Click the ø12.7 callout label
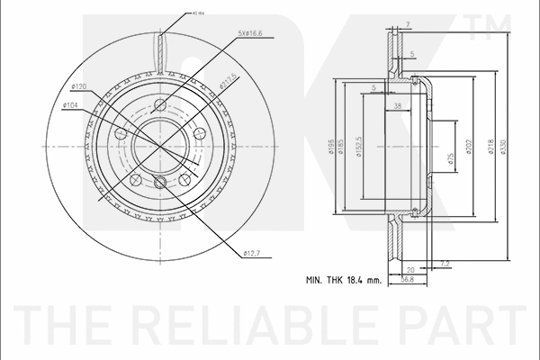[x=253, y=254]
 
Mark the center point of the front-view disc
[x=159, y=142]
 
